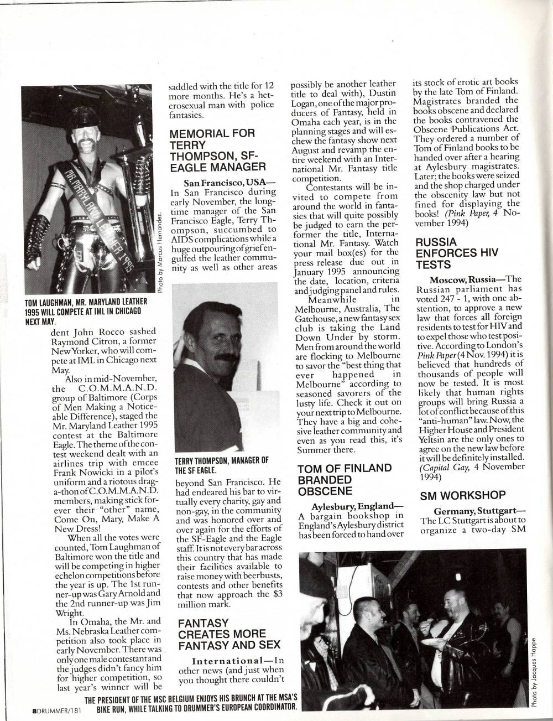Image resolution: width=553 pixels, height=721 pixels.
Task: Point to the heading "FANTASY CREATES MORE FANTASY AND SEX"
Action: [x=222, y=634]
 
